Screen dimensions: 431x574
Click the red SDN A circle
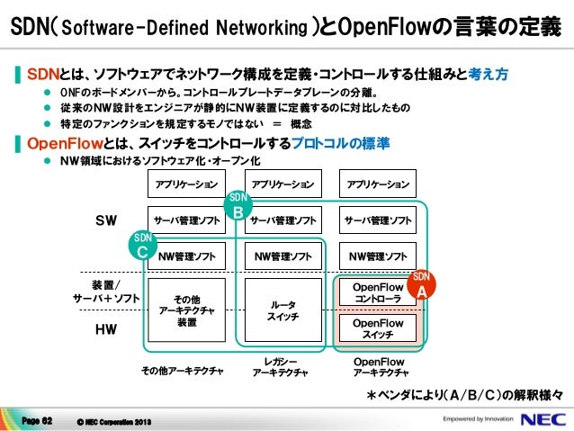tap(421, 284)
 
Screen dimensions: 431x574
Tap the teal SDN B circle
tap(238, 205)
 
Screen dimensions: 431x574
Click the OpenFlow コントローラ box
tap(378, 292)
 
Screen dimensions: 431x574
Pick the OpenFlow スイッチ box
tap(378, 328)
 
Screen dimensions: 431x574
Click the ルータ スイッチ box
tap(283, 310)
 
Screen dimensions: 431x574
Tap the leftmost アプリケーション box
tap(186, 184)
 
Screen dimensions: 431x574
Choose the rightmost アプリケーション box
tap(378, 184)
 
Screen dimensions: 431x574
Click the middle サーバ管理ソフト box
tap(283, 220)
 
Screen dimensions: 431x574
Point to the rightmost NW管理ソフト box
tap(378, 256)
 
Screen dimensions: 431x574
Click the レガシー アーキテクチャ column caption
tap(280, 366)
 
